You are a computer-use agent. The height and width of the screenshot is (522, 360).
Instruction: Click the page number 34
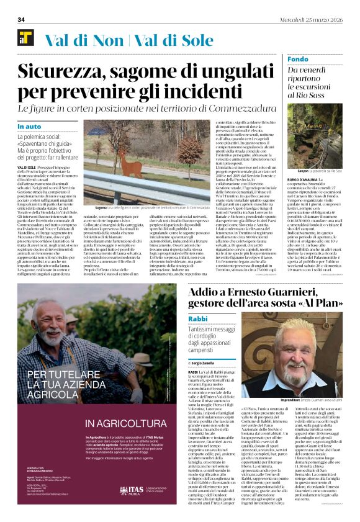[21, 20]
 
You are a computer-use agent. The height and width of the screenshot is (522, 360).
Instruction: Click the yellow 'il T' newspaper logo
[25, 38]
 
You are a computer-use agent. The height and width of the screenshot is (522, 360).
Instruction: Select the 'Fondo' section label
[298, 59]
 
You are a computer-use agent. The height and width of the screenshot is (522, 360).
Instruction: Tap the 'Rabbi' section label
[198, 318]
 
